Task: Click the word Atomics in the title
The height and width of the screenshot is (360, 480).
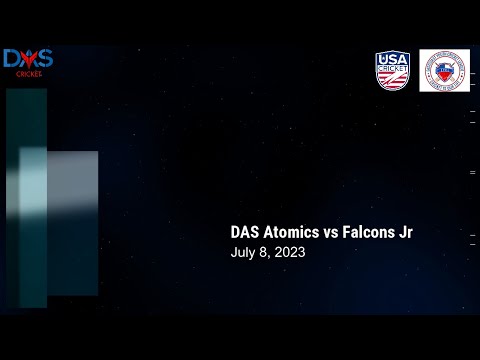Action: [291, 232]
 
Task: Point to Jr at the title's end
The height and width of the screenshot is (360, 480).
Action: [406, 232]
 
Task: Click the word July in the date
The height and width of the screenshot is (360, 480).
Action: [243, 253]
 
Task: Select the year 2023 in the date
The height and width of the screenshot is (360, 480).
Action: [288, 253]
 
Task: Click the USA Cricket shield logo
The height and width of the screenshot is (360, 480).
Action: [393, 71]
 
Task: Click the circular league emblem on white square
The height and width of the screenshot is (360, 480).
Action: [444, 71]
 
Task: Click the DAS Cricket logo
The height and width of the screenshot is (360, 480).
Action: [27, 63]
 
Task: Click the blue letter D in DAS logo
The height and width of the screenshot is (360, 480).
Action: [12, 60]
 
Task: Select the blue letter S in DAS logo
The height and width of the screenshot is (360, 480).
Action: [44, 60]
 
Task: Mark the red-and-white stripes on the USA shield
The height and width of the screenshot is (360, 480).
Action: [393, 82]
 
